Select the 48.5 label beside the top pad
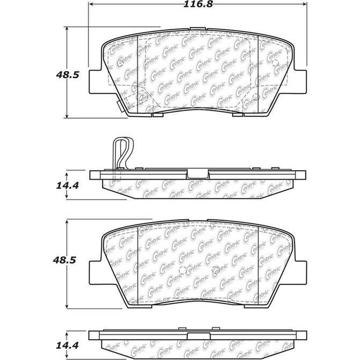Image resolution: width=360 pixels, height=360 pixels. pos(68,75)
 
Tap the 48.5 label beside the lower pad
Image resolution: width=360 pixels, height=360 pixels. pos(68,259)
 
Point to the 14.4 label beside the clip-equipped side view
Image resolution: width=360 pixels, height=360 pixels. pos(68,186)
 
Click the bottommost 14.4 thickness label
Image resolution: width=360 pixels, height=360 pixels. pos(68,341)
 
